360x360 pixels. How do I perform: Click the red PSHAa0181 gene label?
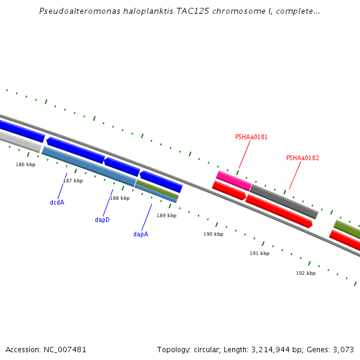tap(251, 137)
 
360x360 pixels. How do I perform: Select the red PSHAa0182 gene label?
tap(302, 158)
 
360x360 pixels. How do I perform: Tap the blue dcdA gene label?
tap(57, 203)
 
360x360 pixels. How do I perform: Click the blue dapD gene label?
tap(103, 220)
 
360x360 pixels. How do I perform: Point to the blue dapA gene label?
tap(140, 235)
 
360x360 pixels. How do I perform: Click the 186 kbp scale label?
tap(26, 164)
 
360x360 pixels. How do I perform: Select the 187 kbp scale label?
tap(73, 181)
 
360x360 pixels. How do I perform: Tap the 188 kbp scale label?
tap(119, 198)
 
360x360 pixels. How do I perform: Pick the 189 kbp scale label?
tap(167, 215)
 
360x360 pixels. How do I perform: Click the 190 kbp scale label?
tap(213, 235)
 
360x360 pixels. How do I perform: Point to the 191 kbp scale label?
tap(260, 254)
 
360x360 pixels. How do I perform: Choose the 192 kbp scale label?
tap(305, 274)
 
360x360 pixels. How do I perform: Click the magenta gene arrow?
tap(233, 181)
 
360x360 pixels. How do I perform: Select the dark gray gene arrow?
tap(283, 202)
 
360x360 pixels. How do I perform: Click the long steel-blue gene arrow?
tap(89, 166)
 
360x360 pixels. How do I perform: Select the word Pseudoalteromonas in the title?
tap(76, 11)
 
